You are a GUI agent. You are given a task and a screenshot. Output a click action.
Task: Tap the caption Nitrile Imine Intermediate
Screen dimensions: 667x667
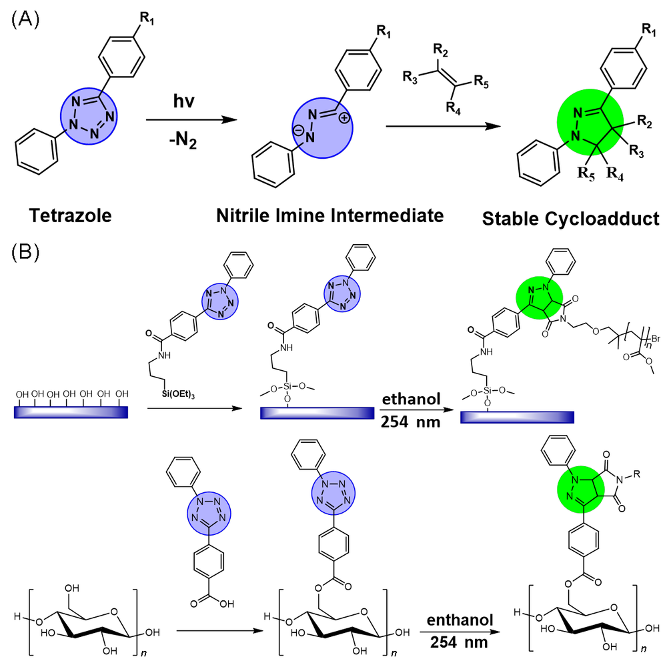pyautogui.click(x=329, y=215)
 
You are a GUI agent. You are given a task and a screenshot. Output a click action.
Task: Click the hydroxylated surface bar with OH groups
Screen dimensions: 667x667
pyautogui.click(x=71, y=413)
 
